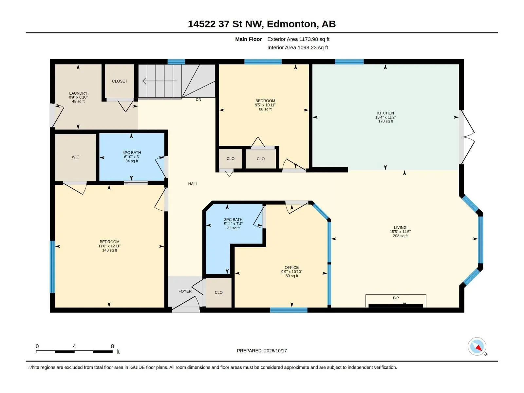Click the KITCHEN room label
pyautogui.click(x=385, y=113)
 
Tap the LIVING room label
pyautogui.click(x=400, y=227)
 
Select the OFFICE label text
pyautogui.click(x=291, y=268)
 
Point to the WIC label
pyautogui.click(x=75, y=157)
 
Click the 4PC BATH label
pyautogui.click(x=132, y=153)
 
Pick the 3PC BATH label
pyautogui.click(x=233, y=219)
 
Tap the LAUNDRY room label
pyautogui.click(x=78, y=93)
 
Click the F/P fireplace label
pyautogui.click(x=396, y=298)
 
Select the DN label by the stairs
pyautogui.click(x=198, y=100)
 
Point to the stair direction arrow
pyautogui.click(x=160, y=81)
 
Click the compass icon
pyautogui.click(x=477, y=346)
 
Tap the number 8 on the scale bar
pyautogui.click(x=112, y=346)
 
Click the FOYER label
pyautogui.click(x=185, y=291)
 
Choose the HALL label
pyautogui.click(x=193, y=184)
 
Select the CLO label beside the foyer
pyautogui.click(x=218, y=292)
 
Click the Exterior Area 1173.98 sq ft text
pyautogui.click(x=298, y=39)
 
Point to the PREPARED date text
pyautogui.click(x=262, y=350)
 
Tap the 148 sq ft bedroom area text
pyautogui.click(x=110, y=250)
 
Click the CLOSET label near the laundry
pyautogui.click(x=120, y=81)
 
